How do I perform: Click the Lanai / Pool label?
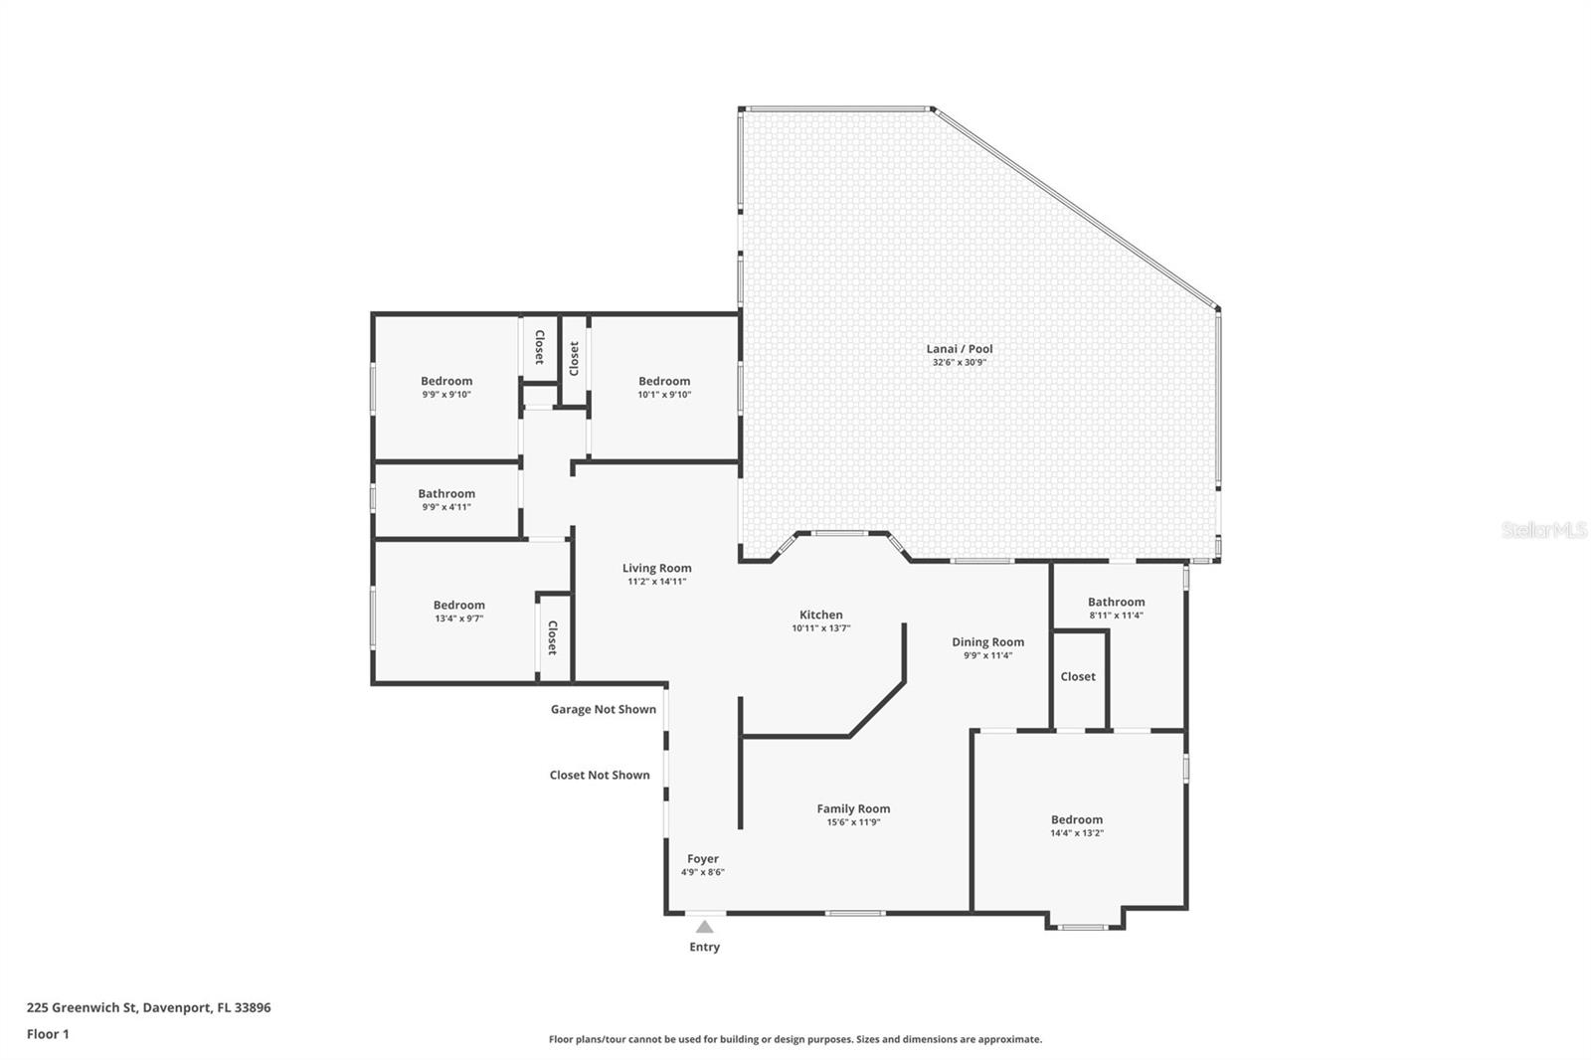coord(960,349)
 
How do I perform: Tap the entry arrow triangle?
coord(704,927)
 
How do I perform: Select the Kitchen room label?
coord(821,615)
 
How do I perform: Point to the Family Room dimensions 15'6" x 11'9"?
coord(853,822)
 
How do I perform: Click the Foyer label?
coord(703,859)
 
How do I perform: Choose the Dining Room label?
coord(987,642)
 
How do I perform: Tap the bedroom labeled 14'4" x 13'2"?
coord(1077,825)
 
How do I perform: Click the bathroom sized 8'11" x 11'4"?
coord(1116,608)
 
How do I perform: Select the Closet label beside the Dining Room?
coord(1078,677)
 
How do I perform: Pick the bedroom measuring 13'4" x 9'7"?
coord(458,611)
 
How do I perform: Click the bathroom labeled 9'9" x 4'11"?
coord(446,499)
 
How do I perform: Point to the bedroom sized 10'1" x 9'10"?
coord(664,387)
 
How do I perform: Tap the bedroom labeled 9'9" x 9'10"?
coord(446,387)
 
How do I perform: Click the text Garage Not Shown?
coord(604,710)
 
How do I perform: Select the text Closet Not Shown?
coord(600,776)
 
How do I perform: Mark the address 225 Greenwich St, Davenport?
coord(148,1007)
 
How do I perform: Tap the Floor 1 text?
coord(48,1034)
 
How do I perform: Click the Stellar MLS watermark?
coord(1543,531)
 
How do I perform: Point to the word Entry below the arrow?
coord(704,948)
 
